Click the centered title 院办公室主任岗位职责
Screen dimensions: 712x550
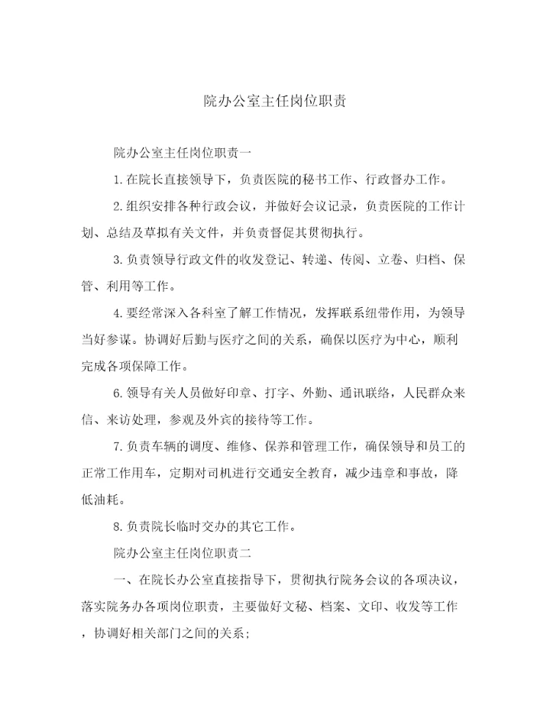coord(275,101)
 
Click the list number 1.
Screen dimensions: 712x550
coord(116,180)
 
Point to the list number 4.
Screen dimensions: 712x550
coord(116,312)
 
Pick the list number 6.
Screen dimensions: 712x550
coord(116,392)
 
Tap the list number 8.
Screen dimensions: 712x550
coord(116,525)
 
